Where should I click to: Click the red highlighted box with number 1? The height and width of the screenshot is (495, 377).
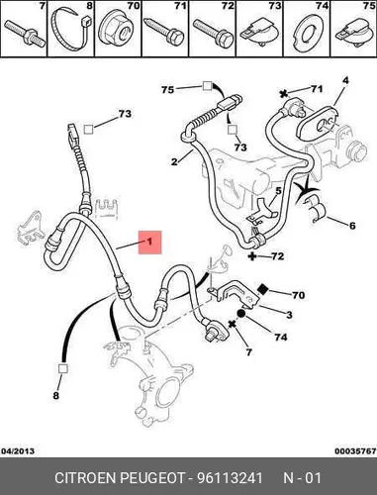pos(149,243)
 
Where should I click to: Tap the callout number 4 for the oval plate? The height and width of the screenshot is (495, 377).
pos(345,81)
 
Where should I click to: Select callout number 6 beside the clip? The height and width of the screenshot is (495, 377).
pos(352,226)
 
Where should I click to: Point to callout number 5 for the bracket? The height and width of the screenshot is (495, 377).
pos(279,191)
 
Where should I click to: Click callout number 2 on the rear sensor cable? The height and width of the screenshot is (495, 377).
pos(174,161)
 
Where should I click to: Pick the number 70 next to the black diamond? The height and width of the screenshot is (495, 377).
pos(298,295)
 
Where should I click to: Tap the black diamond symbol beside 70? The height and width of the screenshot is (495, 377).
pos(263,289)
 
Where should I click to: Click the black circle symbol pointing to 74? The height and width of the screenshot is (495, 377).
pos(241,314)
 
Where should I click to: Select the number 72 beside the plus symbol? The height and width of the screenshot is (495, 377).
pos(277,256)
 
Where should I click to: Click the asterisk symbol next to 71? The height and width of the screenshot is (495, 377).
pos(284,94)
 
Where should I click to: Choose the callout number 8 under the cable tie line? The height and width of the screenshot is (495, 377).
pos(56,395)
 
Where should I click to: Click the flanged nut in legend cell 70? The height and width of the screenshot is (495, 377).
pos(117,29)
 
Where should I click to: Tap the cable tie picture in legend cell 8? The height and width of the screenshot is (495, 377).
pos(70,29)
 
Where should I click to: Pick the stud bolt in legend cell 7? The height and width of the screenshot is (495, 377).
pos(25,33)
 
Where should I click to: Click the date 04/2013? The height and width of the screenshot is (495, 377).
pos(18,450)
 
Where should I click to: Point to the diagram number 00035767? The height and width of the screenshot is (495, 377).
pos(355,450)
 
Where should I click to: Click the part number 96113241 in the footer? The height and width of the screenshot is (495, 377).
pos(230,478)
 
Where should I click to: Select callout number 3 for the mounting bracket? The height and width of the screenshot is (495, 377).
pos(289,315)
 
